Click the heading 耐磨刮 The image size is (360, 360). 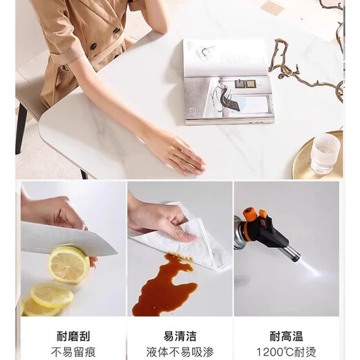[x=73, y=336]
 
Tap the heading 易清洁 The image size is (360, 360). [x=180, y=336]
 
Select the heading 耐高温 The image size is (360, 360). [x=286, y=336]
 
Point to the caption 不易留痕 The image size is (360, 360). [x=73, y=352]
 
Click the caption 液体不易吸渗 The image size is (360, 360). [x=180, y=352]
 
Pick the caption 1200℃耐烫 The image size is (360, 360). [x=286, y=352]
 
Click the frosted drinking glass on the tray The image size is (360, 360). [x=325, y=154]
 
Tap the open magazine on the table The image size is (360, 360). [x=228, y=82]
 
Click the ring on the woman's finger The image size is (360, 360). [x=184, y=149]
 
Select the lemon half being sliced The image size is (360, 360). [x=69, y=264]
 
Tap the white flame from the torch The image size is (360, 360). [x=309, y=268]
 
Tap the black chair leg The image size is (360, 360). [x=20, y=129]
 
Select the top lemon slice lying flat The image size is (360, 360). [x=52, y=296]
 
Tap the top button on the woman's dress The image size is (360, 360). [x=116, y=30]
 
